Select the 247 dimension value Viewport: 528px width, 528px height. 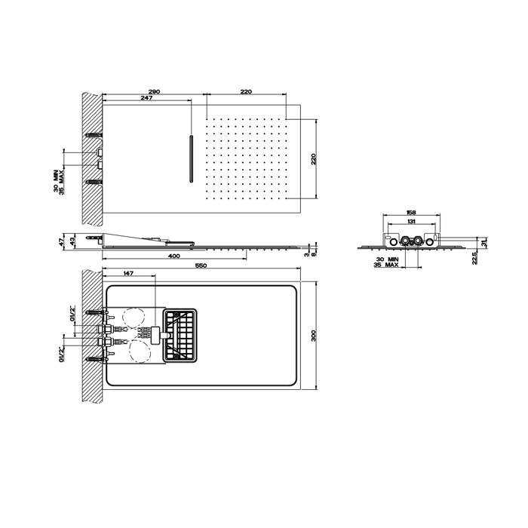(x=146, y=98)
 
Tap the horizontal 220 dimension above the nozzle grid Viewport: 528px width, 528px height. (x=246, y=91)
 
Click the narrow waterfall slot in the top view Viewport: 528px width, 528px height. (x=192, y=159)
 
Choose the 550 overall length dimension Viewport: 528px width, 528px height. (x=200, y=266)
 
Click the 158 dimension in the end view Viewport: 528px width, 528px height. (x=410, y=213)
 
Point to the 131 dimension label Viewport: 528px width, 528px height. (x=410, y=222)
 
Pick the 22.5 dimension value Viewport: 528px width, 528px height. (x=473, y=258)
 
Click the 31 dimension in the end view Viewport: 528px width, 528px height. (x=483, y=242)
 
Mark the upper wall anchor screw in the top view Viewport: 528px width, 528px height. (x=94, y=135)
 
